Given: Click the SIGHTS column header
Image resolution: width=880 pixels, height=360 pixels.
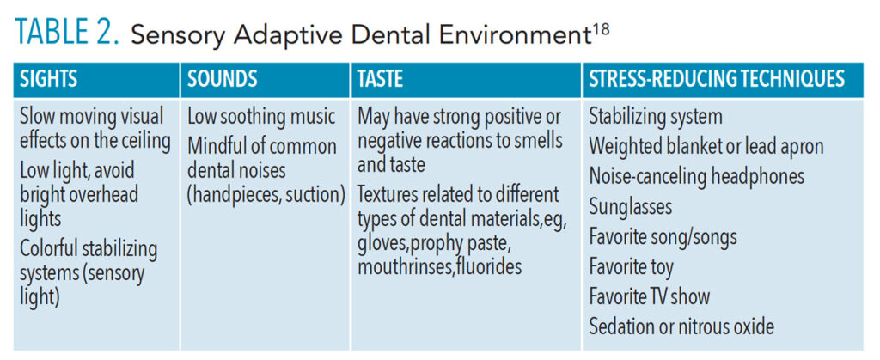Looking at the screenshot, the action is click(49, 80).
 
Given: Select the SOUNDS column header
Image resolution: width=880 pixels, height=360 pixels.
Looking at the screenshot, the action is click(223, 80).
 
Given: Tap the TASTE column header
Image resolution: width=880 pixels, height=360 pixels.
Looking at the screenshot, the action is click(381, 80).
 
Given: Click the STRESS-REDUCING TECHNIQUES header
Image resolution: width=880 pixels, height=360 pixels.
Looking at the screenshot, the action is click(717, 80).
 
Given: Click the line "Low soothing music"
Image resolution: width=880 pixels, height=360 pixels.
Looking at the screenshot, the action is click(261, 117).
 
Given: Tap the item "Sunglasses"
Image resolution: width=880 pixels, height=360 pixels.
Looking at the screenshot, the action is click(630, 207).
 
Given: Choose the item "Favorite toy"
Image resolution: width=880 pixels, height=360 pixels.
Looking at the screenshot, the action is click(631, 267).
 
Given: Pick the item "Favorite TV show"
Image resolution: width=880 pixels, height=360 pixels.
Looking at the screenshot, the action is click(650, 296).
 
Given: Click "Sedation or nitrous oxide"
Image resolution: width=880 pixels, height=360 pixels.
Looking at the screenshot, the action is click(681, 326).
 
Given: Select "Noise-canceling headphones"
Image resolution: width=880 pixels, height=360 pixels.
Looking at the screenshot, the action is click(696, 177).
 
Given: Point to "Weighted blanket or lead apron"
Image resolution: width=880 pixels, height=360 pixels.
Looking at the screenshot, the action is click(706, 147).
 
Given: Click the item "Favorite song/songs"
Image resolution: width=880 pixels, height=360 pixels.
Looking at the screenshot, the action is click(663, 237).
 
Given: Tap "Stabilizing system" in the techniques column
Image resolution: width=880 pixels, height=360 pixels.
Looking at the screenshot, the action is click(656, 117).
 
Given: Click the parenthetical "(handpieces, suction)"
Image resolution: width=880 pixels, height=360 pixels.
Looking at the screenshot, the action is click(266, 194).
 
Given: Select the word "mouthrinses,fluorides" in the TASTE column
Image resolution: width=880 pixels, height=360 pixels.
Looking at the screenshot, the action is click(439, 267).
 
